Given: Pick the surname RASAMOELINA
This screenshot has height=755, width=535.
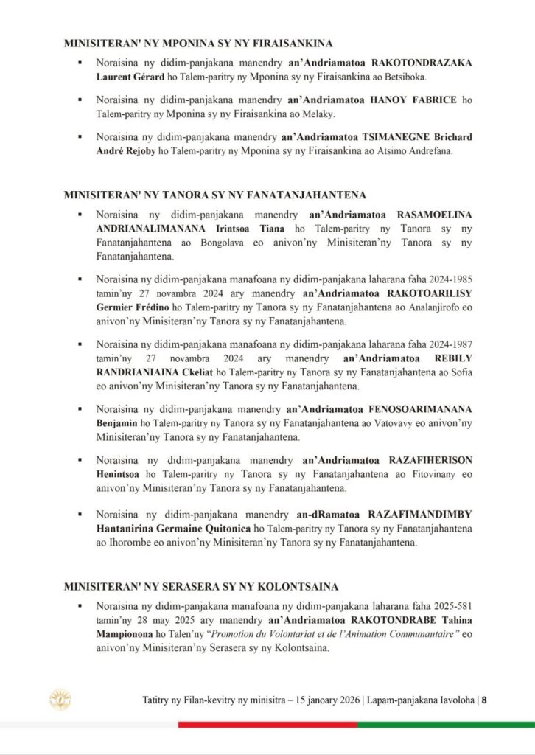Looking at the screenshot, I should [434, 215].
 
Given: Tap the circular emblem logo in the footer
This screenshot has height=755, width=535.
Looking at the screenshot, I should [60, 700].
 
